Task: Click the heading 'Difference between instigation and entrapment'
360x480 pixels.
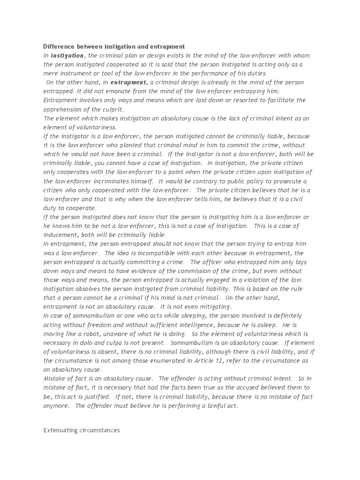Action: tap(114, 46)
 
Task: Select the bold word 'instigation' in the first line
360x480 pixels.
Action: tap(67, 55)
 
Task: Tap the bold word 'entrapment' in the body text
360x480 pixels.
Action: tap(129, 82)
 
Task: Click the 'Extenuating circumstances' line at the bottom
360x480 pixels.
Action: tap(81, 429)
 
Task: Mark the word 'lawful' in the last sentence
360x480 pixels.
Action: tap(210, 405)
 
